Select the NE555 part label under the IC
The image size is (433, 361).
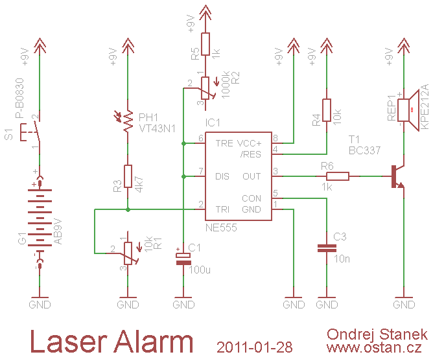coord(221,228)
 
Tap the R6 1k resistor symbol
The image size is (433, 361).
coord(337,176)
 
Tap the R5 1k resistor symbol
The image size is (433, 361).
coord(205,45)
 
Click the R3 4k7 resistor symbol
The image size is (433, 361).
coord(128,176)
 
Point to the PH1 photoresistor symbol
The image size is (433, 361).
coord(128,123)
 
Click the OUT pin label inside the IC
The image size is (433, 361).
coord(252,176)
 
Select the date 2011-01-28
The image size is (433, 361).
coord(255,347)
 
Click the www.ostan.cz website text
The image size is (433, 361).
coord(377,348)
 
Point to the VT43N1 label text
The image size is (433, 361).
coord(157,128)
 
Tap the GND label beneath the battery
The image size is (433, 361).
coord(40,304)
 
